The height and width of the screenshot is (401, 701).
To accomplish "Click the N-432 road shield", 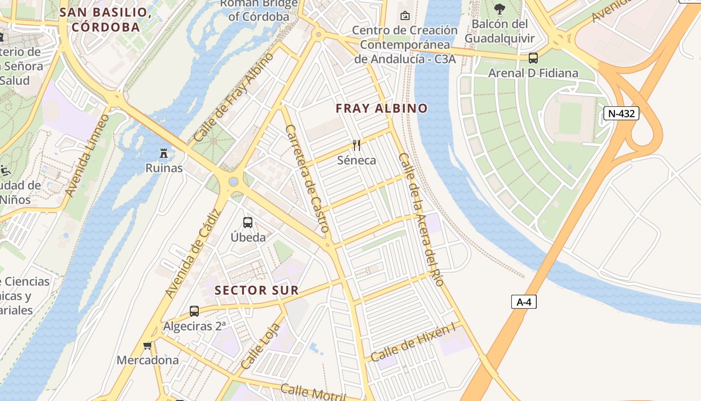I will [x=621, y=113].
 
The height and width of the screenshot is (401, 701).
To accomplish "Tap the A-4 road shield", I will [x=524, y=302].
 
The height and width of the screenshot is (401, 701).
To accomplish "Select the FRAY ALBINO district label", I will [x=382, y=108].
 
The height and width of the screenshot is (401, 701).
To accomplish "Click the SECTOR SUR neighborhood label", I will [x=256, y=290].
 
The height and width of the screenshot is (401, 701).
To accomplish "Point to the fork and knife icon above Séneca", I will [x=357, y=145].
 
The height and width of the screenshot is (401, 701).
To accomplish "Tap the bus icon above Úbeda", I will [x=248, y=222].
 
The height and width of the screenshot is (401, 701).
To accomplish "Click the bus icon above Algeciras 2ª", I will [x=194, y=311].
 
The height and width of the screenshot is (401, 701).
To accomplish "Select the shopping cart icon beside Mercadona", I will [x=147, y=345].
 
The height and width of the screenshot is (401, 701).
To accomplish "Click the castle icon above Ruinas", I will [x=164, y=153].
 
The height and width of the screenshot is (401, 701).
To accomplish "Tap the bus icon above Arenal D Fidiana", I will [x=533, y=58].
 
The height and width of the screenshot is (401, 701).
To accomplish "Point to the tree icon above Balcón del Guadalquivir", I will [x=499, y=8].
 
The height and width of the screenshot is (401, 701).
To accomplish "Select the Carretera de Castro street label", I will [x=307, y=178].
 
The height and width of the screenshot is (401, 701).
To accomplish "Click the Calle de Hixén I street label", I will [x=413, y=342].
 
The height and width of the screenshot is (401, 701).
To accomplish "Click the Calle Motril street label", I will [x=313, y=392].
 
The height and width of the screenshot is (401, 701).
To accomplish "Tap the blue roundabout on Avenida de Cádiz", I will [x=233, y=181].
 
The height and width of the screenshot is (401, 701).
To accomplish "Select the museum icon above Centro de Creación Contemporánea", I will [x=405, y=16].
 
